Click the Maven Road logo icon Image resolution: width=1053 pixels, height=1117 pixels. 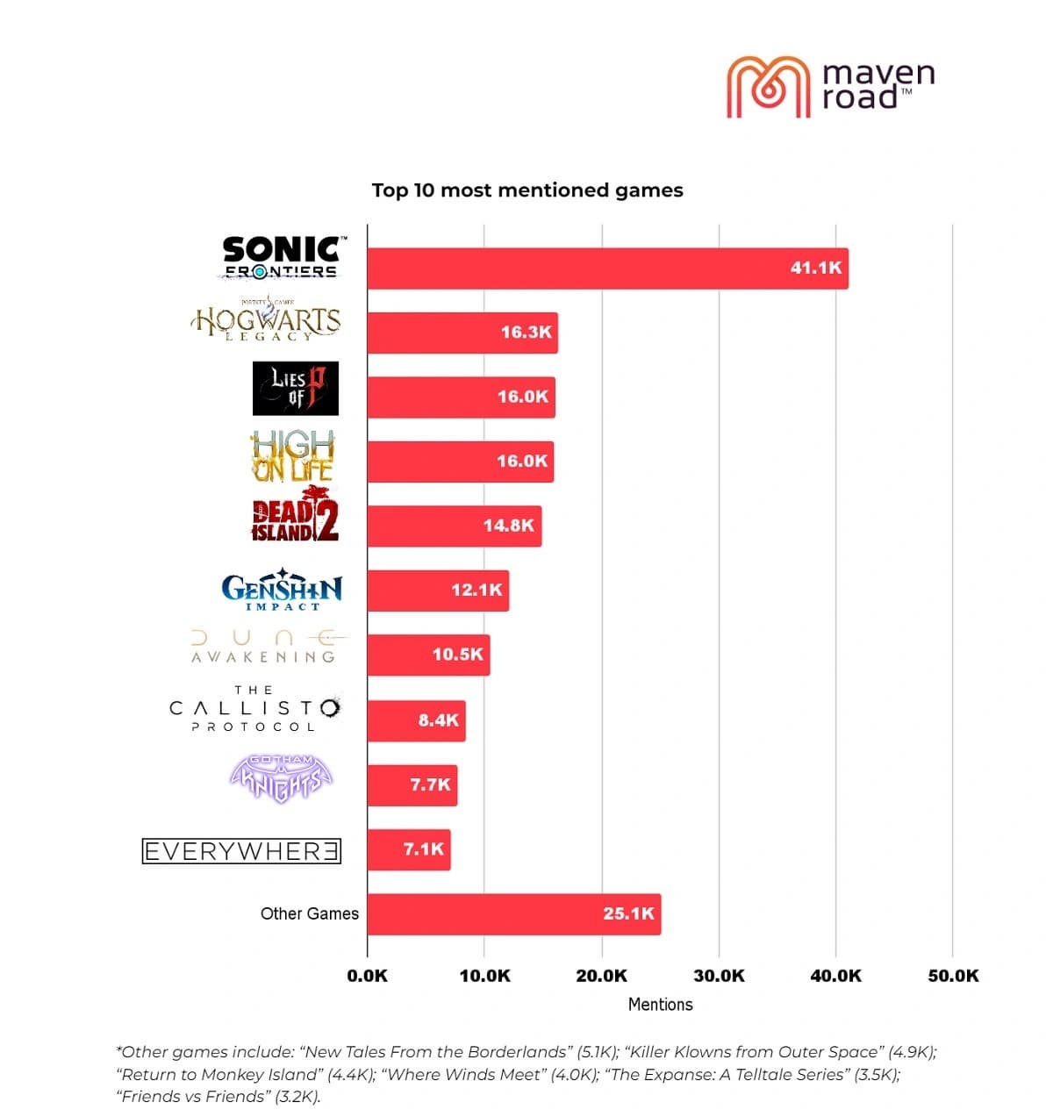[x=767, y=86]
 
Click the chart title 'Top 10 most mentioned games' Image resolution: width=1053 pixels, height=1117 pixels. [x=526, y=190]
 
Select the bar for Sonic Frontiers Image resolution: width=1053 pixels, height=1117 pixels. [x=607, y=269]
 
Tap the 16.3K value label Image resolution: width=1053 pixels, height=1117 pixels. [x=526, y=333]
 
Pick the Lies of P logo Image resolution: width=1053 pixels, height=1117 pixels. [x=295, y=389]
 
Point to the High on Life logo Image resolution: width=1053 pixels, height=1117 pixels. [x=294, y=455]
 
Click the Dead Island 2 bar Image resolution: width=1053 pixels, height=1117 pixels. [x=454, y=526]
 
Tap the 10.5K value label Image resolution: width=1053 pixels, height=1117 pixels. [x=457, y=655]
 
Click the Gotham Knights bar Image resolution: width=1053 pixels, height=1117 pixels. [x=412, y=784]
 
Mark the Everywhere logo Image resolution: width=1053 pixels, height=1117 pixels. [x=241, y=851]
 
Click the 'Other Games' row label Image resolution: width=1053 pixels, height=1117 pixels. [x=309, y=913]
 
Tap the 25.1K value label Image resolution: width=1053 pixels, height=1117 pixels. [x=628, y=913]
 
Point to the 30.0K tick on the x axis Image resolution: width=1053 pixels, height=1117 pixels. [x=719, y=976]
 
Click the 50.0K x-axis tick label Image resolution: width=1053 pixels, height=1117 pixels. [x=953, y=976]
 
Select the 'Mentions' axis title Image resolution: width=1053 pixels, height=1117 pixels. [x=660, y=1005]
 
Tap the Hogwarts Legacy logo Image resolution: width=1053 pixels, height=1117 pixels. [x=266, y=322]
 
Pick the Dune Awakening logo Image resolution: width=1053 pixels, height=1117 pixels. [x=265, y=647]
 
